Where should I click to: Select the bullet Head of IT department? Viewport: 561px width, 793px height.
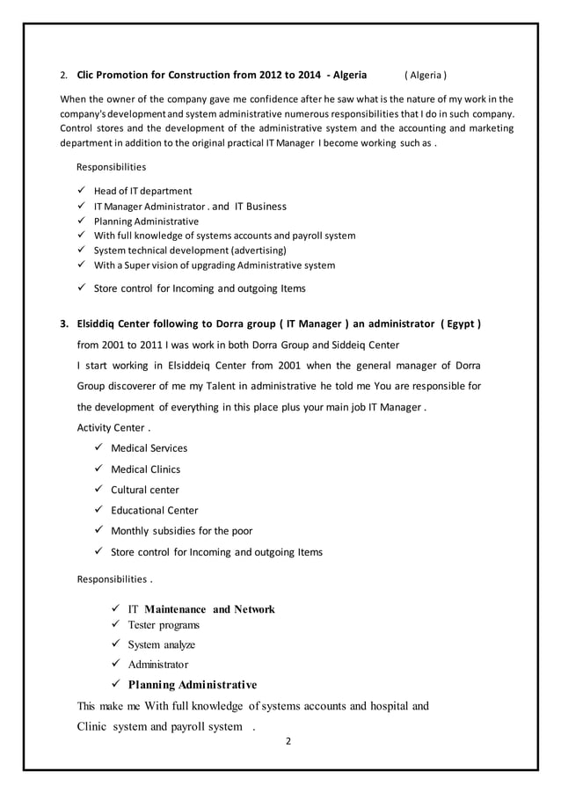(142, 191)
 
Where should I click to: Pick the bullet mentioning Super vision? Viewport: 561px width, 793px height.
(215, 266)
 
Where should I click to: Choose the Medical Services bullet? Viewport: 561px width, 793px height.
(149, 448)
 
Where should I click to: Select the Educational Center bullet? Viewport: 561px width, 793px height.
(154, 510)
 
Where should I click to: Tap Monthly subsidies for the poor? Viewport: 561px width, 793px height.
(181, 531)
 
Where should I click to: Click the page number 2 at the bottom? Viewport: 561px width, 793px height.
(288, 741)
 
